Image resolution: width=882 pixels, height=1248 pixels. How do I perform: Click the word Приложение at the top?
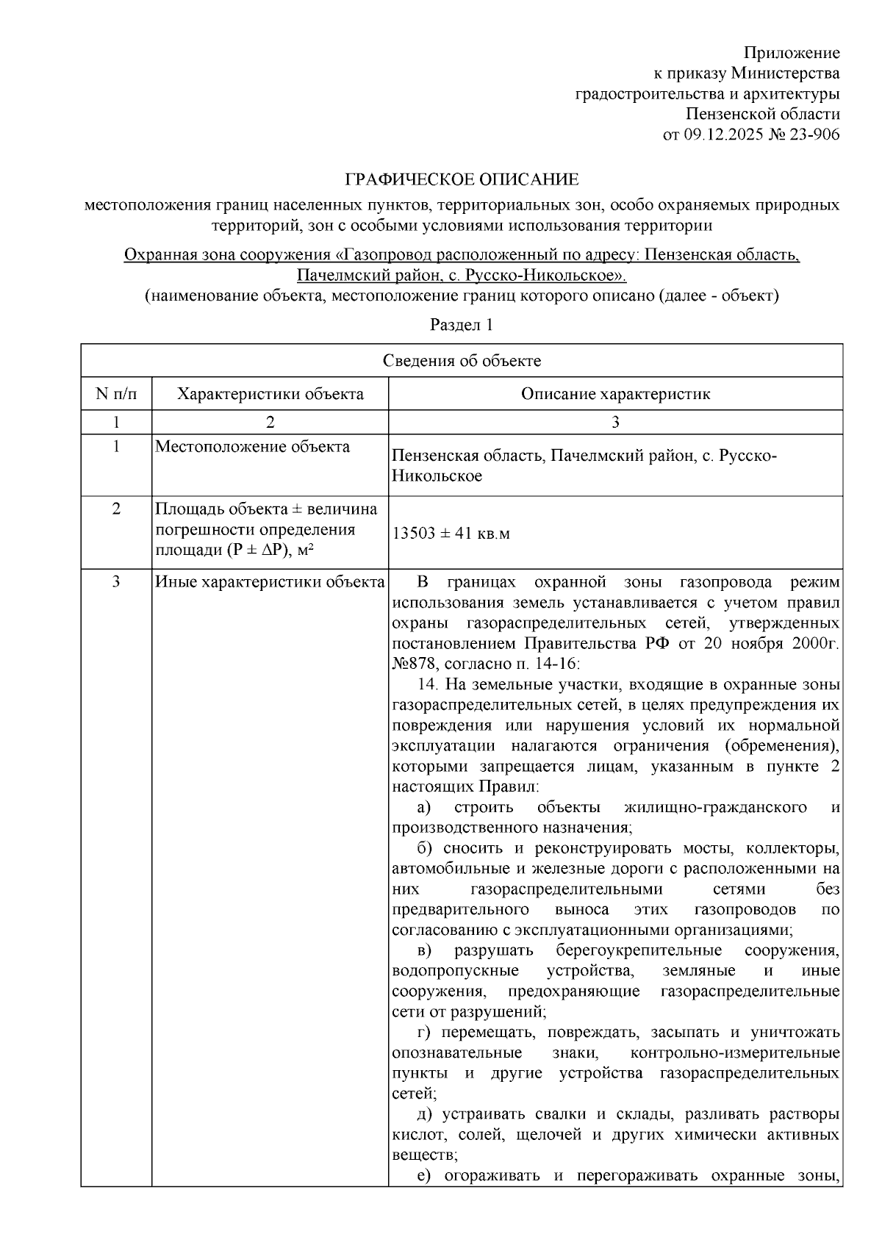coord(791,53)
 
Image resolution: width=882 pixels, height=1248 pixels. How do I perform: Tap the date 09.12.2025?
coord(721,135)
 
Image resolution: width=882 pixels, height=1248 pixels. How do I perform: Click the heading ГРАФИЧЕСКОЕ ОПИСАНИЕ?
coord(462,180)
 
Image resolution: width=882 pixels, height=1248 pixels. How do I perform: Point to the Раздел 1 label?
coord(461,325)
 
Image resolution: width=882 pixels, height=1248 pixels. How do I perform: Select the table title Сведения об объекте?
coord(462,361)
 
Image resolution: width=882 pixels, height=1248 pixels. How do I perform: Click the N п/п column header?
coord(116,394)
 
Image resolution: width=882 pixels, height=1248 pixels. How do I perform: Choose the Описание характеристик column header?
coord(615,394)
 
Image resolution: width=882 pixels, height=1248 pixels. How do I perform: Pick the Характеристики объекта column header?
coord(270,394)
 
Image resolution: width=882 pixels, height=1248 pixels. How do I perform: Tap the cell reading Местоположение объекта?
coord(252,447)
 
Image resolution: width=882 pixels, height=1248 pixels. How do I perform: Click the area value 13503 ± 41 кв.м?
coord(451,534)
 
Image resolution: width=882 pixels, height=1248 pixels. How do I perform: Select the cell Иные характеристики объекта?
coord(270,583)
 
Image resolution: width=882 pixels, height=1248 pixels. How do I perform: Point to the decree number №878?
coord(415,664)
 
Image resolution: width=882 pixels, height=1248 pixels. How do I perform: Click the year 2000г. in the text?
coord(815,644)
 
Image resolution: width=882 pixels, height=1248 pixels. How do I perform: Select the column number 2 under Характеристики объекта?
coord(270,422)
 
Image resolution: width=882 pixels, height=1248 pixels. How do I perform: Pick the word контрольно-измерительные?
coord(735,1052)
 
